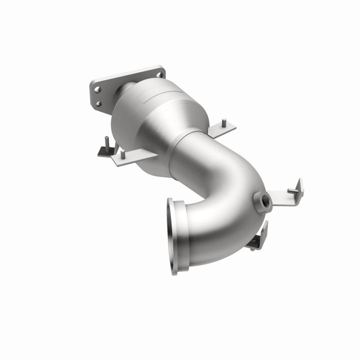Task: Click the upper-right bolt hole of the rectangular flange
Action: (159, 74)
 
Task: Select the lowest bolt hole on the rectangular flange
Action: (97, 104)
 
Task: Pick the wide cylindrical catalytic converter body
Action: (155, 120)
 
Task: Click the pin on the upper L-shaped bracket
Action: (292, 191)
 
